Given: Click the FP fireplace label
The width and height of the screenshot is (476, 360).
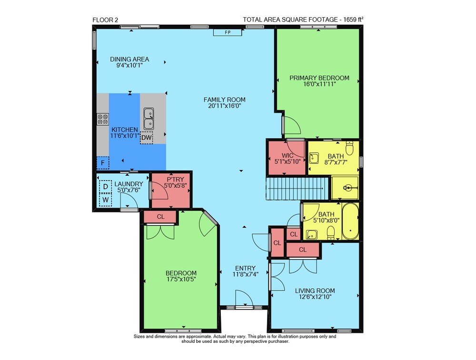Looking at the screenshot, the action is coord(228,32).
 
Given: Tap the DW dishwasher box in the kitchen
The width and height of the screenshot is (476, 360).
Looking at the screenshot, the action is coord(147,138).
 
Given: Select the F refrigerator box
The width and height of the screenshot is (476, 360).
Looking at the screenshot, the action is coord(103,163).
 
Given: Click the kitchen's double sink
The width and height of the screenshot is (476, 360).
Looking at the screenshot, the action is coord(149,119).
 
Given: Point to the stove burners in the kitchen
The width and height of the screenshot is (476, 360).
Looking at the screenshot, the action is coord(103,119).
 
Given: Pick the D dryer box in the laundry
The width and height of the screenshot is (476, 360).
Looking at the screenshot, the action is coord(106,187).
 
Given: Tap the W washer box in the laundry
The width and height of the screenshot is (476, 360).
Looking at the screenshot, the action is coord(106,200).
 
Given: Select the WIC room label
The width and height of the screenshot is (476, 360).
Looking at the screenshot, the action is coord(287,156).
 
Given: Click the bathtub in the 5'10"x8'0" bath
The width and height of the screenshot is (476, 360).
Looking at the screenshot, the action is coord(350,221).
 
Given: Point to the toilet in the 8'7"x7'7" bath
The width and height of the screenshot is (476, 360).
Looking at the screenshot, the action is coord(350,148).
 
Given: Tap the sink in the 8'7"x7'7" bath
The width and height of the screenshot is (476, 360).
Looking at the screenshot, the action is coord(314,158).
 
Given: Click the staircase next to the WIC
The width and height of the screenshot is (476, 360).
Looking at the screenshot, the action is coord(297,189).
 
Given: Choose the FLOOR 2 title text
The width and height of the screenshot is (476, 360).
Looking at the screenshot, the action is coord(105,20).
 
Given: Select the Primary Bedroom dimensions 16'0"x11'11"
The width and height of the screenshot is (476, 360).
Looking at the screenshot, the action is coord(319,84).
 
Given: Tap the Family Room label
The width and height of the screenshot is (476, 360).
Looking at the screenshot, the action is coord(225,100).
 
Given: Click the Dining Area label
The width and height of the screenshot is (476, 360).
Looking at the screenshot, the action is coord(129,59).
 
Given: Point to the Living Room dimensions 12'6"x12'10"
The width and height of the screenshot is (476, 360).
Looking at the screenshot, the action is coord(315,297).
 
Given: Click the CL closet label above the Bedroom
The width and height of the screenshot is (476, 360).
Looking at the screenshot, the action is coord(160,217).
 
